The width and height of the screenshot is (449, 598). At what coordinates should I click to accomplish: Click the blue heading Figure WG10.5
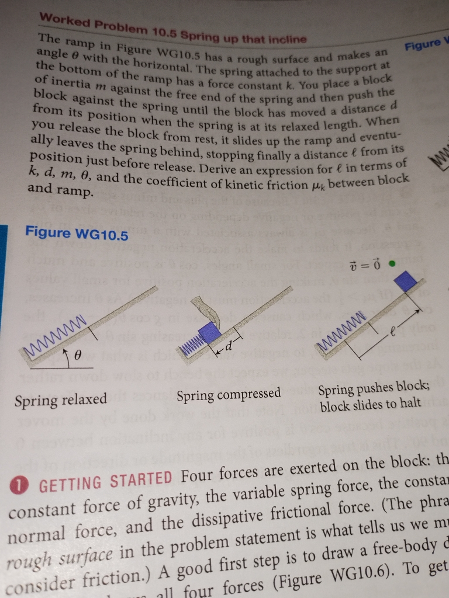pyautogui.click(x=76, y=234)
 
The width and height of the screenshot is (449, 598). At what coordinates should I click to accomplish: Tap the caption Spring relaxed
pyautogui.click(x=60, y=400)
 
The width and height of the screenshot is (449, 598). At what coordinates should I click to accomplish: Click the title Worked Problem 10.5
pyautogui.click(x=108, y=25)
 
